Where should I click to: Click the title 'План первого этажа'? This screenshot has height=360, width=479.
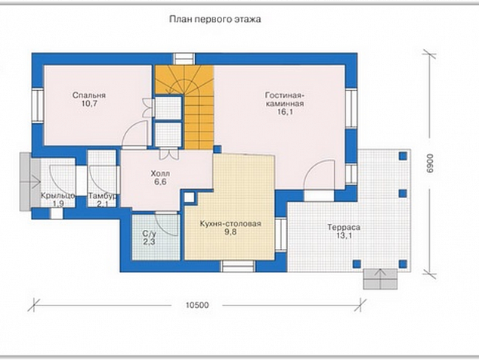point(215,20)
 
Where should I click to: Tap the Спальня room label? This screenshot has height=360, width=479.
point(89,95)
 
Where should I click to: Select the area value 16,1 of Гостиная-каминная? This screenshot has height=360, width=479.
point(285,112)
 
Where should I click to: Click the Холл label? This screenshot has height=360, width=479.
point(160,173)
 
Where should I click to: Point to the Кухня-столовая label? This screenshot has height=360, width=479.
point(230,224)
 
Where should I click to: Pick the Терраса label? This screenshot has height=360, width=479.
point(344,227)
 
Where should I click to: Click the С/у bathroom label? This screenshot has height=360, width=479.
point(149,234)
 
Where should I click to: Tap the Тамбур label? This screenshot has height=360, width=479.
point(102,196)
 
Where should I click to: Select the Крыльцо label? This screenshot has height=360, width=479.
point(58,196)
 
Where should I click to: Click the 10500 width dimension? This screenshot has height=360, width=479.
point(197,305)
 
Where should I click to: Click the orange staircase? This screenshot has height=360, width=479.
point(184,107)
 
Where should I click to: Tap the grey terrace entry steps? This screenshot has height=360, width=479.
point(380,279)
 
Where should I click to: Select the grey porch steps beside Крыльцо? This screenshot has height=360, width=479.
point(30,182)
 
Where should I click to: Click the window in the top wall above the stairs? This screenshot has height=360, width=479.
point(184,59)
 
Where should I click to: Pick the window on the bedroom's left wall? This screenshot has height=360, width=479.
point(39,105)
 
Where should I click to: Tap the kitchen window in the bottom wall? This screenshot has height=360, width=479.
point(238,266)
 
